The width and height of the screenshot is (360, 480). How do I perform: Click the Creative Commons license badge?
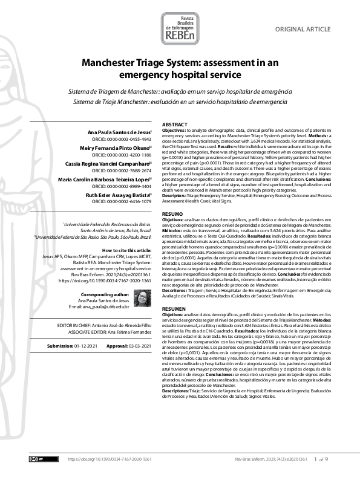(36, 459)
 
